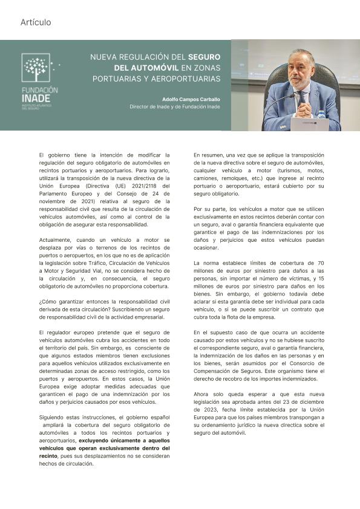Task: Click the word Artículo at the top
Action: click(36, 22)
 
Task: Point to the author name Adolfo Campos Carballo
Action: click(191, 99)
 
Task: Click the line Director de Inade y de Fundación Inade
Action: click(175, 107)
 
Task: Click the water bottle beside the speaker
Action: click(321, 114)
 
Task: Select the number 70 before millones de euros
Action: click(321, 263)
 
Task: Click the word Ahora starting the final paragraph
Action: click(202, 394)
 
